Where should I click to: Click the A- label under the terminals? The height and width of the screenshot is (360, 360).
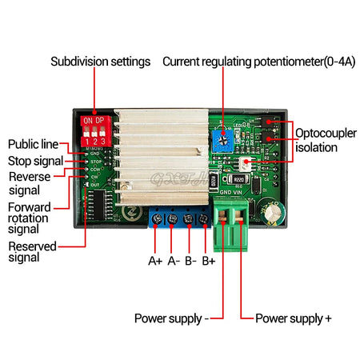(174, 260)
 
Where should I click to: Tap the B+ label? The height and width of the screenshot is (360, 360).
(210, 260)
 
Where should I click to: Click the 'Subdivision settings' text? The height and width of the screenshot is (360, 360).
(100, 61)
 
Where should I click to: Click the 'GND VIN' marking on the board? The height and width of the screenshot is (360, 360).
(232, 193)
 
